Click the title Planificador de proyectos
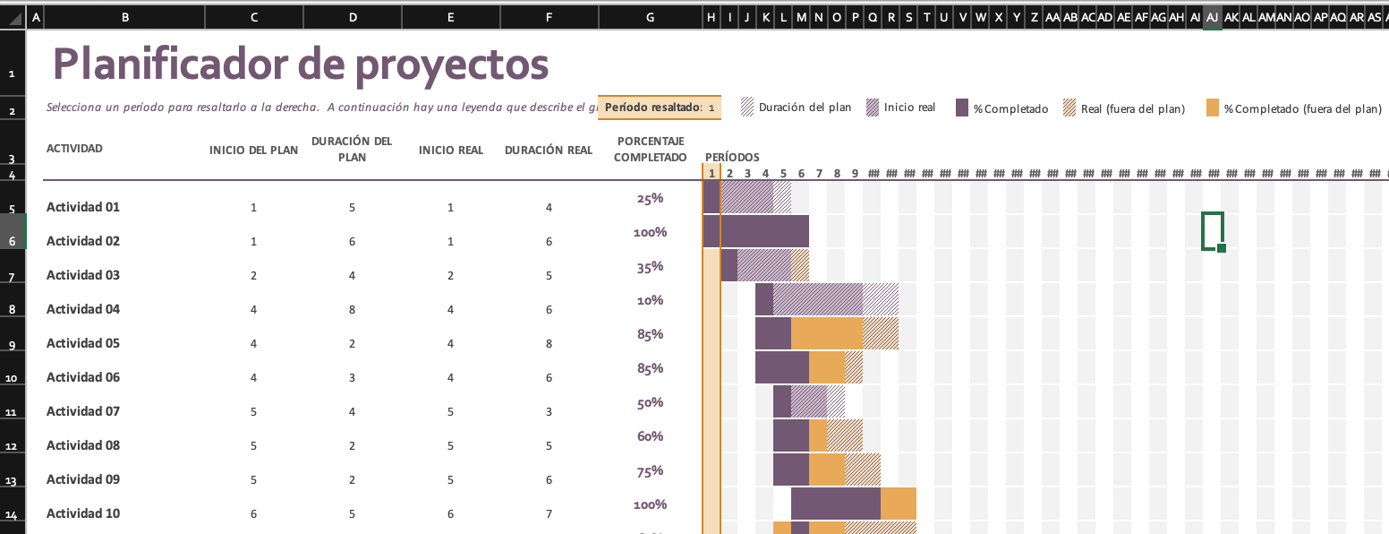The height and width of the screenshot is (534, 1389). (x=300, y=65)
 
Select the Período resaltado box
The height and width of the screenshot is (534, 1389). (x=659, y=108)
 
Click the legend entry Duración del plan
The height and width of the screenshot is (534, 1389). (x=796, y=108)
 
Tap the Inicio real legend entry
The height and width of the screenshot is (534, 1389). (x=900, y=108)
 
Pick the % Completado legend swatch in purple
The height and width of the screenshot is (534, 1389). (x=963, y=108)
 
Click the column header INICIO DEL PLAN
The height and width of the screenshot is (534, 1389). (x=253, y=151)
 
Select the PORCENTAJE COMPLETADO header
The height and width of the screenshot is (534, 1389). (x=650, y=150)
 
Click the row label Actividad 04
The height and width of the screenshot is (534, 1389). (x=83, y=309)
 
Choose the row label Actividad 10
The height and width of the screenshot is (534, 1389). (x=83, y=513)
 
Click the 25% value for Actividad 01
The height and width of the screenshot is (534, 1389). (x=650, y=198)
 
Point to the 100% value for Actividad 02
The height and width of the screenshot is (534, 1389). (x=650, y=232)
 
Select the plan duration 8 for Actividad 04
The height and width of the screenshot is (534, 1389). (x=352, y=310)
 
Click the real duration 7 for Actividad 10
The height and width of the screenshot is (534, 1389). (x=549, y=514)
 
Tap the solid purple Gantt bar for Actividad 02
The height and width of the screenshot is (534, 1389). (x=764, y=232)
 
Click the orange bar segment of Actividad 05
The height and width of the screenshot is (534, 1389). (x=826, y=333)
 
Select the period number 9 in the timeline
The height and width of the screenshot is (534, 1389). (x=855, y=174)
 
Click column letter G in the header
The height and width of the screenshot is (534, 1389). (x=650, y=17)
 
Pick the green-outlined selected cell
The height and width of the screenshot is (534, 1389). (x=1212, y=231)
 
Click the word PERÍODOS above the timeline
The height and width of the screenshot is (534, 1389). (x=732, y=158)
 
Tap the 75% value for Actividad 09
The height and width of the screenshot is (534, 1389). (x=650, y=470)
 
